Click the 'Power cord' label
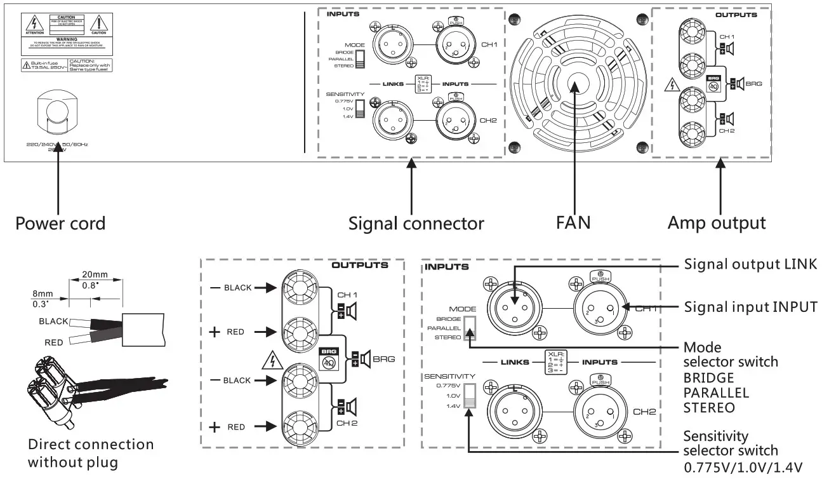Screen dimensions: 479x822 click(60, 223)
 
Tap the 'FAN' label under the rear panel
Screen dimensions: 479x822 click(574, 222)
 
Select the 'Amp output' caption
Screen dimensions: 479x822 click(717, 222)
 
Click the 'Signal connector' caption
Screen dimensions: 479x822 click(416, 223)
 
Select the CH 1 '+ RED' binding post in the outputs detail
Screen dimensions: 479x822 click(297, 332)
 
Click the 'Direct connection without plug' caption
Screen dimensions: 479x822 click(91, 453)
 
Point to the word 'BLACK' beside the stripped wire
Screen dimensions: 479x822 click(53, 321)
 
